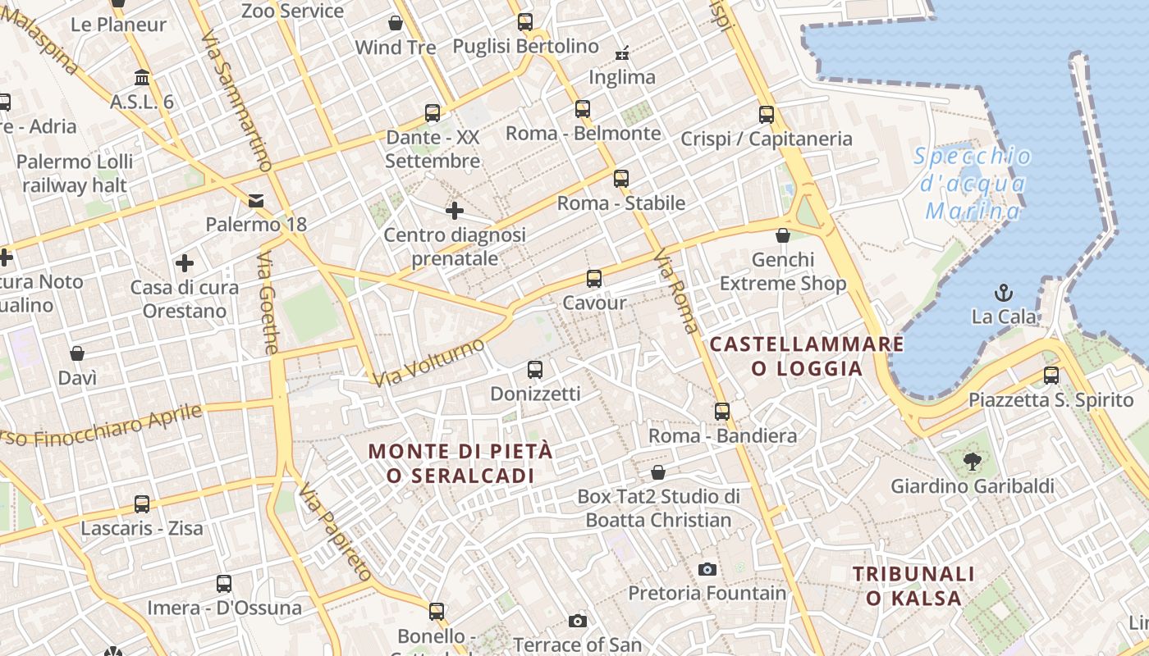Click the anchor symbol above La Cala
tap(1003, 292)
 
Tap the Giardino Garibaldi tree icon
tap(973, 462)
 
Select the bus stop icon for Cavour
tap(594, 279)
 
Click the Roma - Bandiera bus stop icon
tap(722, 412)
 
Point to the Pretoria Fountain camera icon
tap(707, 569)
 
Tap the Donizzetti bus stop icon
tap(535, 370)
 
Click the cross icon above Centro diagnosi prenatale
tap(455, 212)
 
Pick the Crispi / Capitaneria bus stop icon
tap(767, 115)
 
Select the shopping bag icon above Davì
tap(77, 353)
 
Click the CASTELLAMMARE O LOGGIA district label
tap(807, 356)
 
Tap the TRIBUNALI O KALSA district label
tap(913, 585)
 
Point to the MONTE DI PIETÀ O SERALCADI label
tap(460, 462)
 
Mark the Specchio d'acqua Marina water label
tap(973, 184)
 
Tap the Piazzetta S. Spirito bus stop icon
tap(1051, 376)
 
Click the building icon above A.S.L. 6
tap(142, 78)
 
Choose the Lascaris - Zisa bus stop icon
tap(142, 503)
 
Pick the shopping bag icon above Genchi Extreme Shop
tap(783, 235)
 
